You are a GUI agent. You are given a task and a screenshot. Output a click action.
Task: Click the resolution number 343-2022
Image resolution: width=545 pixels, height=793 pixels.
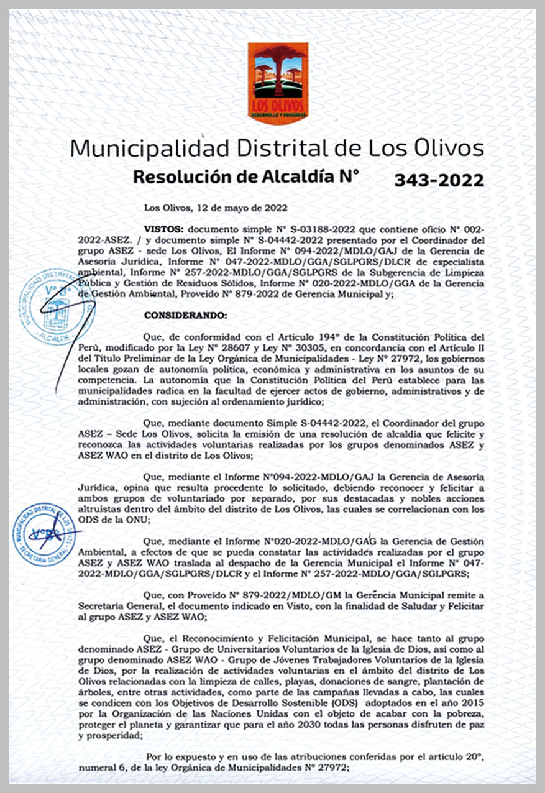coord(439,180)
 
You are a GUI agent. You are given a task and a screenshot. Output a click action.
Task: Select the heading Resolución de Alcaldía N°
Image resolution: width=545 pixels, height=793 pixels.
coord(246,176)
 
